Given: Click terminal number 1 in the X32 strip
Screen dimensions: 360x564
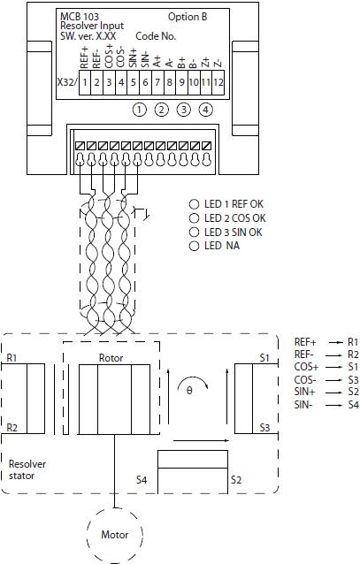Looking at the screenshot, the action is coord(85,82).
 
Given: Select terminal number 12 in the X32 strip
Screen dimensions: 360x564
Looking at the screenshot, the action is coord(218,82).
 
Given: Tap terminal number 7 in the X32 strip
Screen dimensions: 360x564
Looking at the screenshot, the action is coord(157,82).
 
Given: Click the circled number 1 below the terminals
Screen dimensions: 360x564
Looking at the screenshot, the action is coord(140,110).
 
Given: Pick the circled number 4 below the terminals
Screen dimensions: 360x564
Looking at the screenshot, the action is coord(205,110).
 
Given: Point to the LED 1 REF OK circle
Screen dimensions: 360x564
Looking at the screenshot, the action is coord(194,204).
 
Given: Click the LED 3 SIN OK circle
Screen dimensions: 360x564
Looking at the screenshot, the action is coord(194,232).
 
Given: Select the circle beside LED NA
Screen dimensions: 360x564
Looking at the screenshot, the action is coord(194,246).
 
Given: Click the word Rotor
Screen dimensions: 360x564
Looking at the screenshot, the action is coord(111,358).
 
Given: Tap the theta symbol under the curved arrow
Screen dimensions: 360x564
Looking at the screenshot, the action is coord(189,391).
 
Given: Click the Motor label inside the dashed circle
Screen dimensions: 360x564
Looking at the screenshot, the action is coord(114,535).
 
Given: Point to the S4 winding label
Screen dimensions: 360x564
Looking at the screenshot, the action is coord(142,480).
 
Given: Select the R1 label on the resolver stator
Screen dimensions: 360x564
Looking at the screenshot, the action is coord(11,358).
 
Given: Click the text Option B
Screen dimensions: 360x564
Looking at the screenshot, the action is coord(188,17).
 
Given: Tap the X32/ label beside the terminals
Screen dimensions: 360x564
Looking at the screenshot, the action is coord(67,82).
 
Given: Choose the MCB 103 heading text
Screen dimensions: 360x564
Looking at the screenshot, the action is coord(80,17).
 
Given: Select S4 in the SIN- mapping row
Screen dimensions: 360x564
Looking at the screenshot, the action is coord(353,405).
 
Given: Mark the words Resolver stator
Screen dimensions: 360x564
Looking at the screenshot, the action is coord(27,469).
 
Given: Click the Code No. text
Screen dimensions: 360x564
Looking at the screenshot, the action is coord(156,36).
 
